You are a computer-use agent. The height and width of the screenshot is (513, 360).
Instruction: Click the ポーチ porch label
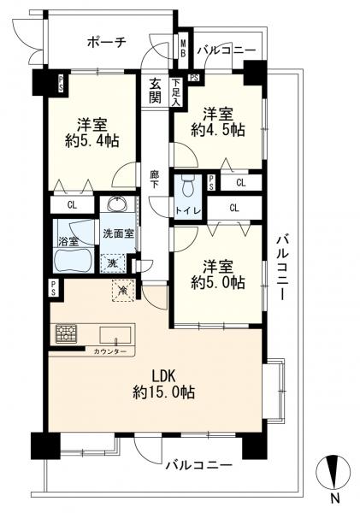pos(107,41)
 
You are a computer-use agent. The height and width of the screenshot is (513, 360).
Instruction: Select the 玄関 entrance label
pos(156,89)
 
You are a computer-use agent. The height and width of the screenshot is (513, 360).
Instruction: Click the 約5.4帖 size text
pos(93,140)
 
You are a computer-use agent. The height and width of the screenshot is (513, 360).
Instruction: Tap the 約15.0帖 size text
pos(164,392)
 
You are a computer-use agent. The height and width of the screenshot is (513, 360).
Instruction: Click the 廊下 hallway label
pos(155,180)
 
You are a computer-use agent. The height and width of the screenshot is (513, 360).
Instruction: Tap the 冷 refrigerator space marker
pos(122,290)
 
